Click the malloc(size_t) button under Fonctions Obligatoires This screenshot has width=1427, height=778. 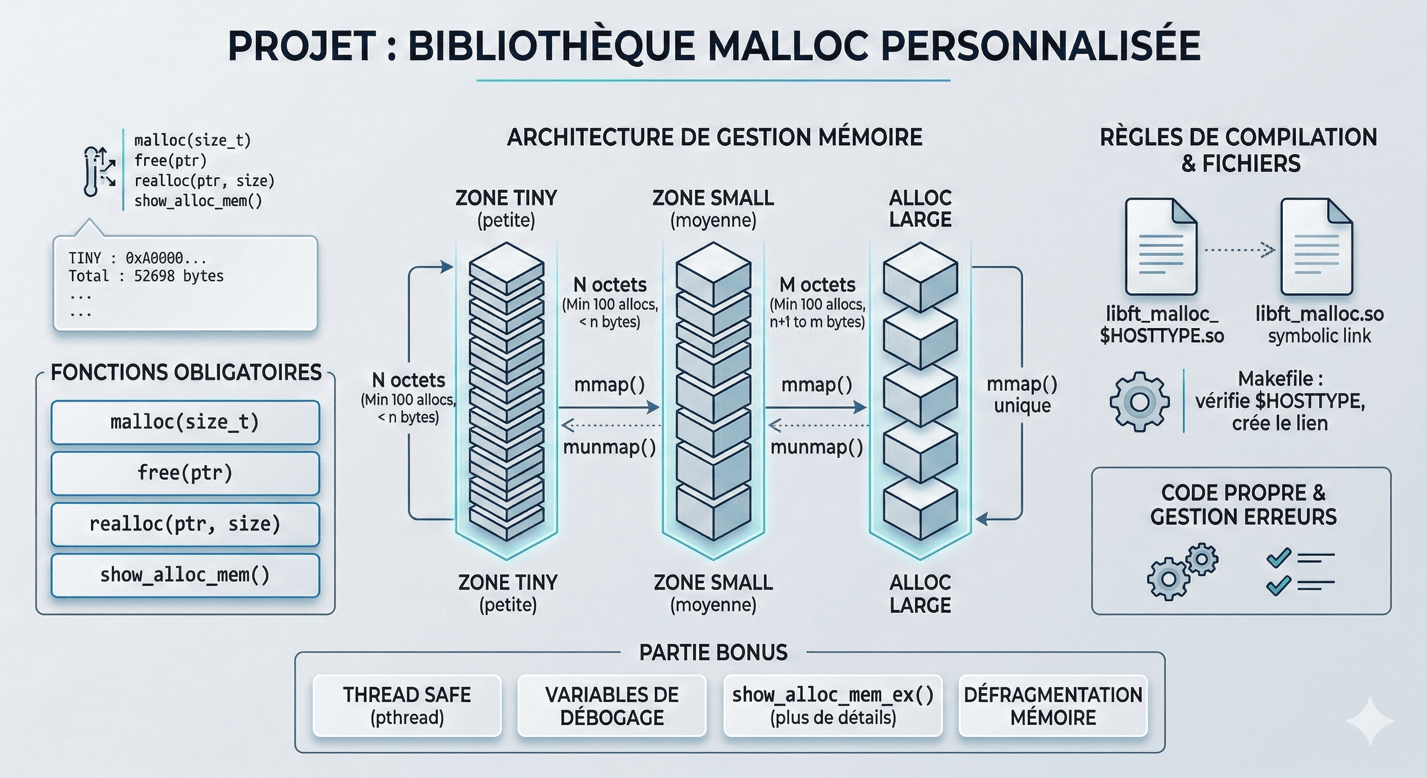coord(185,422)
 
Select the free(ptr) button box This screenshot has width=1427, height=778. coord(185,473)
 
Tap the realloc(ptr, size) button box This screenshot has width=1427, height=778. coord(185,524)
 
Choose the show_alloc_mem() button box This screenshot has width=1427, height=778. coord(185,575)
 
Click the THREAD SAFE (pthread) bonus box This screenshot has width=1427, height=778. coord(406,706)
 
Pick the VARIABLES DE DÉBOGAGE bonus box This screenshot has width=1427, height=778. coord(612,706)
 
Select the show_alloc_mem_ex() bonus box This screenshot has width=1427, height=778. coord(833,706)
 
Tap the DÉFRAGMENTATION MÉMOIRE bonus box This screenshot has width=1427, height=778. coord(1053,706)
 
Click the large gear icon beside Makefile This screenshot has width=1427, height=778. coord(1140,402)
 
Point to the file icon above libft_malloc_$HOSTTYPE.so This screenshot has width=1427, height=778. coord(1161,246)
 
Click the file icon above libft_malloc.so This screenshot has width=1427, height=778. coord(1317,246)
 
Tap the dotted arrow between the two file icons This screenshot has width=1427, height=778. coord(1239,250)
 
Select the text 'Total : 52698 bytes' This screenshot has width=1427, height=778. coord(146,276)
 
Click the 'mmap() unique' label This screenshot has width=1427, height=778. coord(1022,394)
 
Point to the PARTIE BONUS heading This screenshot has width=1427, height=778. coord(713,652)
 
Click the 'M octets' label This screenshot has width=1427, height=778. coord(817,285)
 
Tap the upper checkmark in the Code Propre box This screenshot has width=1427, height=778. coord(1279,558)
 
